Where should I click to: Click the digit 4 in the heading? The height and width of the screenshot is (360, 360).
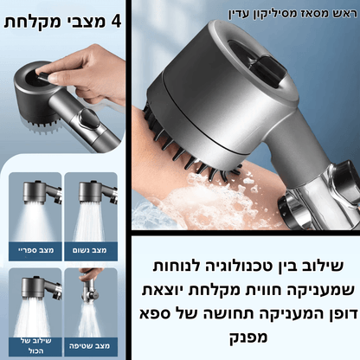(x=116, y=22)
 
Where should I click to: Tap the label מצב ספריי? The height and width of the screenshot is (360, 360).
(x=35, y=250)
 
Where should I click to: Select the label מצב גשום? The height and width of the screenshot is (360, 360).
(x=90, y=250)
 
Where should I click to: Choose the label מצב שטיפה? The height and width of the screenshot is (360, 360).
(x=90, y=345)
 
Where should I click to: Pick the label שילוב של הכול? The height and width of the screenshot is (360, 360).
(x=36, y=346)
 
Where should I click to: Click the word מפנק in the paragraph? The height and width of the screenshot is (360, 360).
(x=248, y=337)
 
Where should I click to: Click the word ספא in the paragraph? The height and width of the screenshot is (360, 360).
(x=155, y=313)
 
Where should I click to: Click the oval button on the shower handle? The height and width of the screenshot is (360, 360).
(x=87, y=118)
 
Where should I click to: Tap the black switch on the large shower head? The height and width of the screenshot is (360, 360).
(x=267, y=70)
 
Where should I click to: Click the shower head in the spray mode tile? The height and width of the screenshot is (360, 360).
(x=42, y=192)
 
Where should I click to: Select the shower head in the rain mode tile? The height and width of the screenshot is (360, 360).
(x=97, y=192)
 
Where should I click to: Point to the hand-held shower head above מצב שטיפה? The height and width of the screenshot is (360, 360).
(x=90, y=292)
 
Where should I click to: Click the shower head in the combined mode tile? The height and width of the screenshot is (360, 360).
(x=42, y=288)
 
